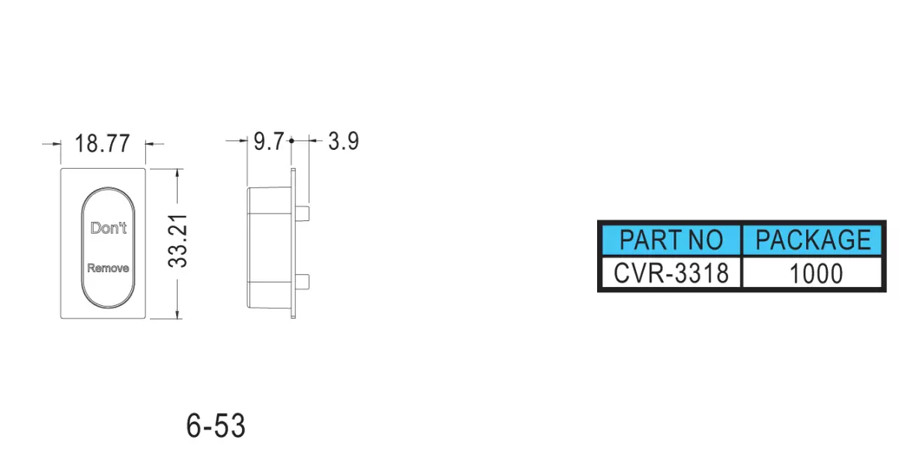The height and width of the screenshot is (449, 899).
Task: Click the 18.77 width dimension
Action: tap(103, 143)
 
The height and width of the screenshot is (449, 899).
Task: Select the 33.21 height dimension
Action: tap(178, 241)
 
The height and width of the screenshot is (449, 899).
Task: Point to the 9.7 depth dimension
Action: tap(269, 142)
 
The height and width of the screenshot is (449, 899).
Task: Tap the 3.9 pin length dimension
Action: tap(344, 141)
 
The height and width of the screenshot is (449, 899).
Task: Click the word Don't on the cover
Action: tap(109, 228)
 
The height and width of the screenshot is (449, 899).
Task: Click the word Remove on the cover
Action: tap(108, 268)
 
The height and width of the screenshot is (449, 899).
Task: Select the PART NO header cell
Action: tap(671, 240)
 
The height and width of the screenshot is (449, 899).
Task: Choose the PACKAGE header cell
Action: tap(813, 240)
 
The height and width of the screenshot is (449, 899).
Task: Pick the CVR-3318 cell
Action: tap(671, 273)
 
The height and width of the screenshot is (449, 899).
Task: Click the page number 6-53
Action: tap(216, 425)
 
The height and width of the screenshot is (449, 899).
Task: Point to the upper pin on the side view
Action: tap(302, 213)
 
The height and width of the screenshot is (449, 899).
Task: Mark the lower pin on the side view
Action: tap(302, 282)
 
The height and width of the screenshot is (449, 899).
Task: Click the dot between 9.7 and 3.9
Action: tap(291, 141)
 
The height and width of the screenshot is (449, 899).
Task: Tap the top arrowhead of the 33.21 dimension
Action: tap(178, 173)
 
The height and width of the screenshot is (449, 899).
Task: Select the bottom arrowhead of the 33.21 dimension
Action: tap(178, 314)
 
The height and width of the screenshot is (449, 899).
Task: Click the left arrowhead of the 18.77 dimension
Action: tap(57, 143)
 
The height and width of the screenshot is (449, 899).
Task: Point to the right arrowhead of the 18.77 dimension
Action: tap(150, 143)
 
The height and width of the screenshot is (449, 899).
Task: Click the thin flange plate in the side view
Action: tap(294, 244)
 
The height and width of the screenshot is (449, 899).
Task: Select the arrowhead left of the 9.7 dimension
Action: tap(243, 141)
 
